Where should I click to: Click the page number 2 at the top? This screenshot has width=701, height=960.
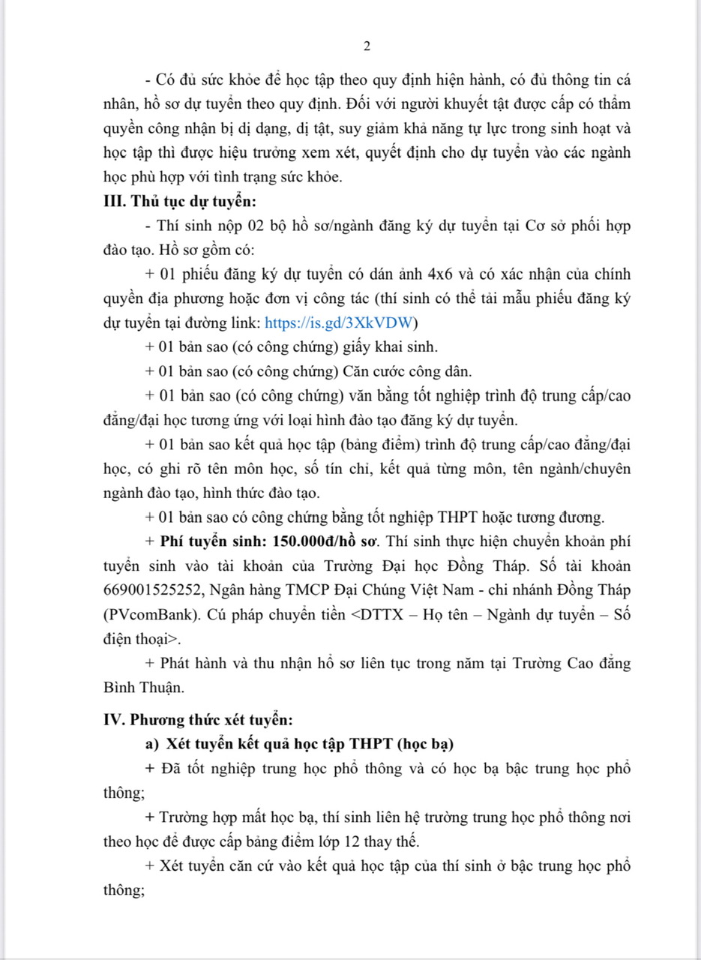coord(367,46)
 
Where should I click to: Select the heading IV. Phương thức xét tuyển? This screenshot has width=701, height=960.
coord(196,720)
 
